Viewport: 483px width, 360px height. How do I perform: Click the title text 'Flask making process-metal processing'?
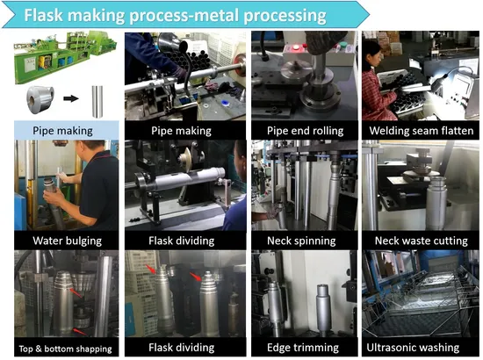175,16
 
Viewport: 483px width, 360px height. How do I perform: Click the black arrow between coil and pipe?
71,98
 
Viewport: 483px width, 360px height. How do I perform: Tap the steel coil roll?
40,99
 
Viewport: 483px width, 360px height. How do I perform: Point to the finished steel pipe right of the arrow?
97,102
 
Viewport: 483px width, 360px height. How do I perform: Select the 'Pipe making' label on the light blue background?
63,131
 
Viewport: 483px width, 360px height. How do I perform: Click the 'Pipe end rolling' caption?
305,131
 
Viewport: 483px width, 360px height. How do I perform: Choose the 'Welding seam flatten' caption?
421,131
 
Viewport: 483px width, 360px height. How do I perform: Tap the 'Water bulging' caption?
67,241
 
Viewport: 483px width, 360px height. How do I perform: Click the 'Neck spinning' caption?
301,241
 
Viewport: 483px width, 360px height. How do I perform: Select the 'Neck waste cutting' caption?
421,241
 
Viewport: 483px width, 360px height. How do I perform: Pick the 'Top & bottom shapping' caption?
65,349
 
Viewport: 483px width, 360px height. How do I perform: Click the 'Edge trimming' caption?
303,348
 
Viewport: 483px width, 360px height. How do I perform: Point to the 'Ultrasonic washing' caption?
413,348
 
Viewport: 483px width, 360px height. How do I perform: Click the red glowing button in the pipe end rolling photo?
296,47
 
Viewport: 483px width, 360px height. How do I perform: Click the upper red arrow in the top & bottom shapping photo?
76,293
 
